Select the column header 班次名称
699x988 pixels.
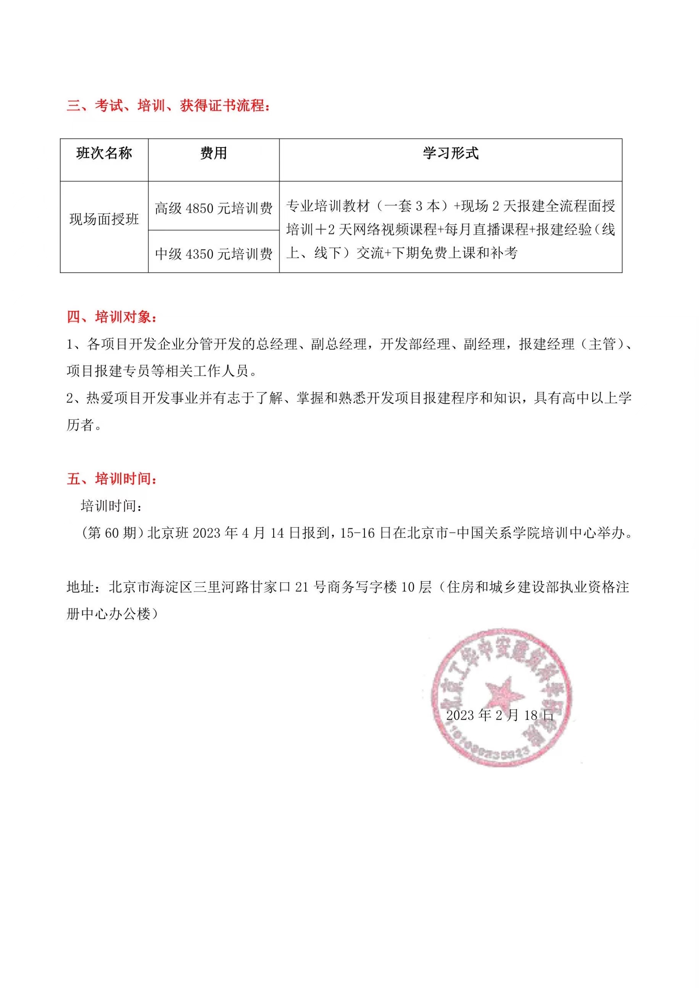pos(104,153)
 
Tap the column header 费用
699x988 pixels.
pos(214,153)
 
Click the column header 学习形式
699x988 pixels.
pos(451,153)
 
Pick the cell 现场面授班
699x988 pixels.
pos(104,220)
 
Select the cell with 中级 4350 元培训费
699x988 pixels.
pos(214,254)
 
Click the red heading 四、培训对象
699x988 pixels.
pos(112,317)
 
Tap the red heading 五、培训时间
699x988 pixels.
pos(112,479)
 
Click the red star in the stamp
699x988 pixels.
pos(504,694)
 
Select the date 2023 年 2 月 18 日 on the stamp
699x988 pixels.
pos(499,715)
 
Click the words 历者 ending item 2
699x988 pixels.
pos(81,425)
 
